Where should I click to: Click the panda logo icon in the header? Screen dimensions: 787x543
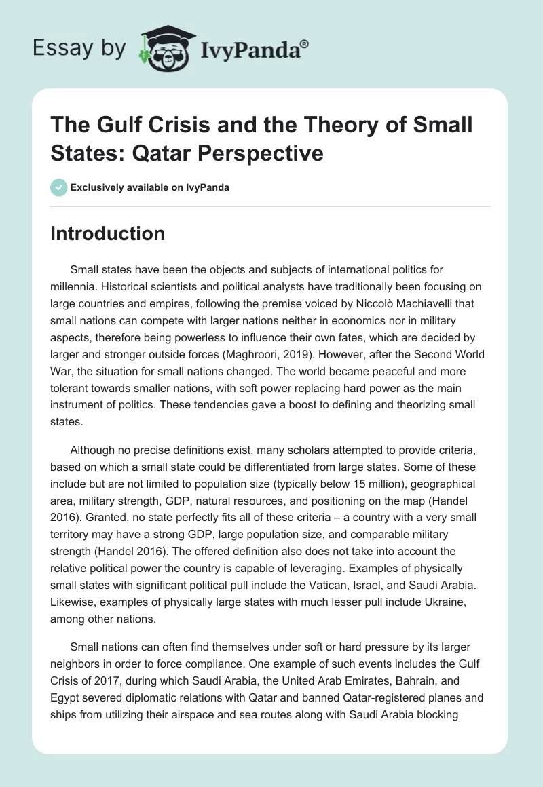(x=166, y=47)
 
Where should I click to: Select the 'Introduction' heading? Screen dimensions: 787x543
(x=107, y=233)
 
